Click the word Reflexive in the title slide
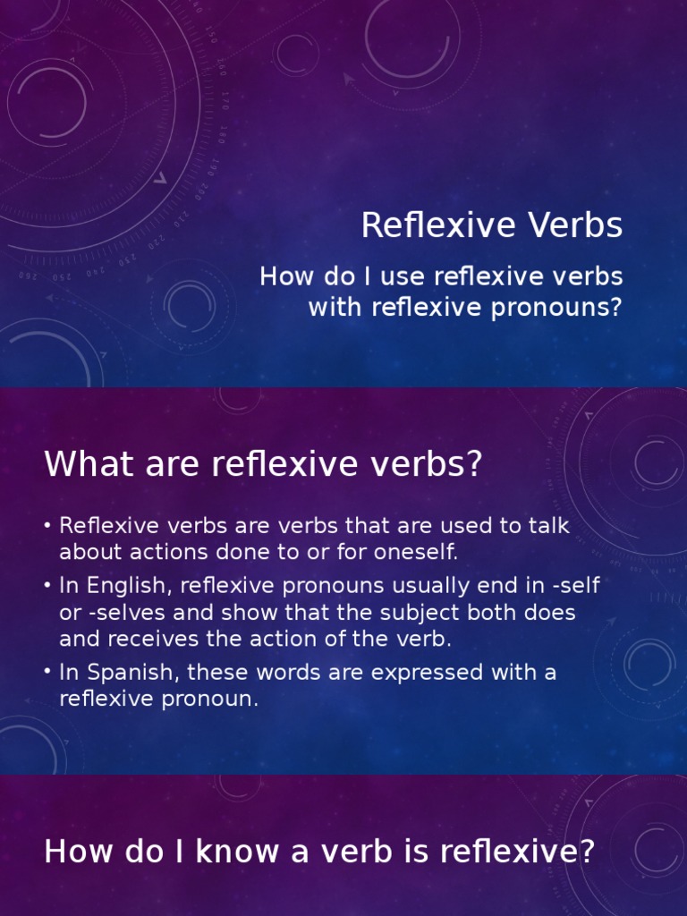[x=435, y=225]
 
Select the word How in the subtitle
[x=282, y=276]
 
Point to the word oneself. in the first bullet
[x=413, y=553]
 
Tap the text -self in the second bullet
[x=577, y=586]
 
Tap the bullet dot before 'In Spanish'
[x=47, y=672]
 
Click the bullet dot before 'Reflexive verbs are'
[x=47, y=526]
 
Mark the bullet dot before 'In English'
[x=47, y=586]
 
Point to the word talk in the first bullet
[x=547, y=526]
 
